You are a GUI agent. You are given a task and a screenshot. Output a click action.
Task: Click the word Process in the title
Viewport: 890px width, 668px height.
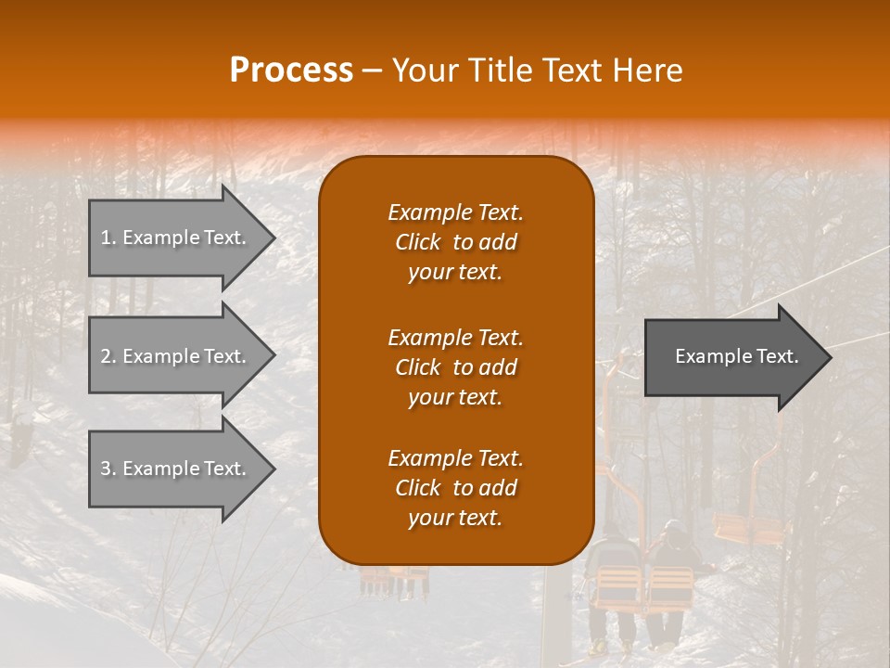(291, 71)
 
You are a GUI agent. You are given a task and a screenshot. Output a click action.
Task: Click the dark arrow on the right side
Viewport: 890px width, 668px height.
(732, 356)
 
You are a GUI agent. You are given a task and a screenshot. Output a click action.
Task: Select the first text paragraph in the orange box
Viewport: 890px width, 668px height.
(455, 242)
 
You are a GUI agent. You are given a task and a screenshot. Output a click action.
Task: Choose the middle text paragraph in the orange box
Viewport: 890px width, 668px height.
(455, 367)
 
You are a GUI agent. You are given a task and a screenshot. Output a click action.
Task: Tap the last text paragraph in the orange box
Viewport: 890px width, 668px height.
(455, 488)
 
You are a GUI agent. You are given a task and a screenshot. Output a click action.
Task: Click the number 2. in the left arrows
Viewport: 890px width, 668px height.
(108, 356)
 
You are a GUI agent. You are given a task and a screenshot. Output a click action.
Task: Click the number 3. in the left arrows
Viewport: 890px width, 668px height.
(108, 469)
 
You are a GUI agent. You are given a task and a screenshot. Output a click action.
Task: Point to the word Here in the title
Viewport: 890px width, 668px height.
(648, 71)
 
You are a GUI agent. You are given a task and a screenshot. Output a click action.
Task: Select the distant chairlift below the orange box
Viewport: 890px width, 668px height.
(394, 580)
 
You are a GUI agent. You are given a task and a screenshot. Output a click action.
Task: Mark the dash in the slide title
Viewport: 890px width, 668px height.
(372, 71)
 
